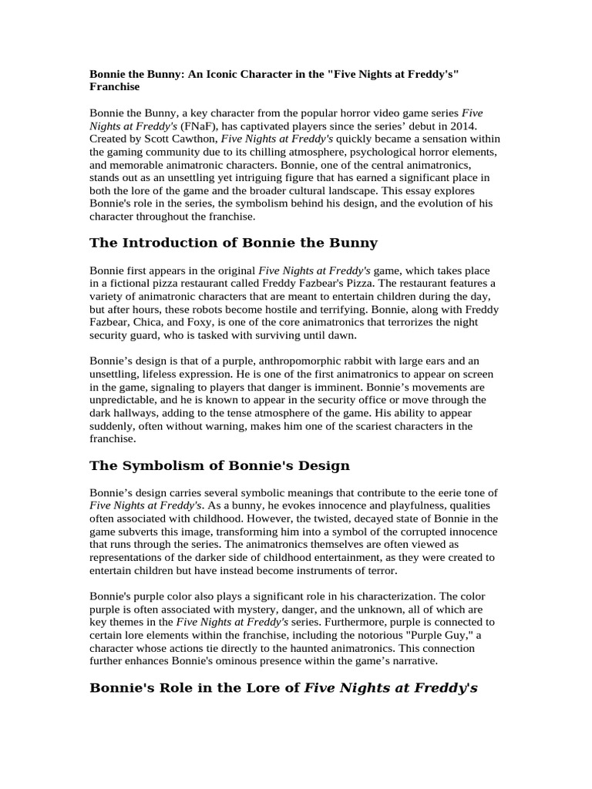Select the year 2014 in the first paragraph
coord(464,126)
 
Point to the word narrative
coord(403,661)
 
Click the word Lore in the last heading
coord(276,688)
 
